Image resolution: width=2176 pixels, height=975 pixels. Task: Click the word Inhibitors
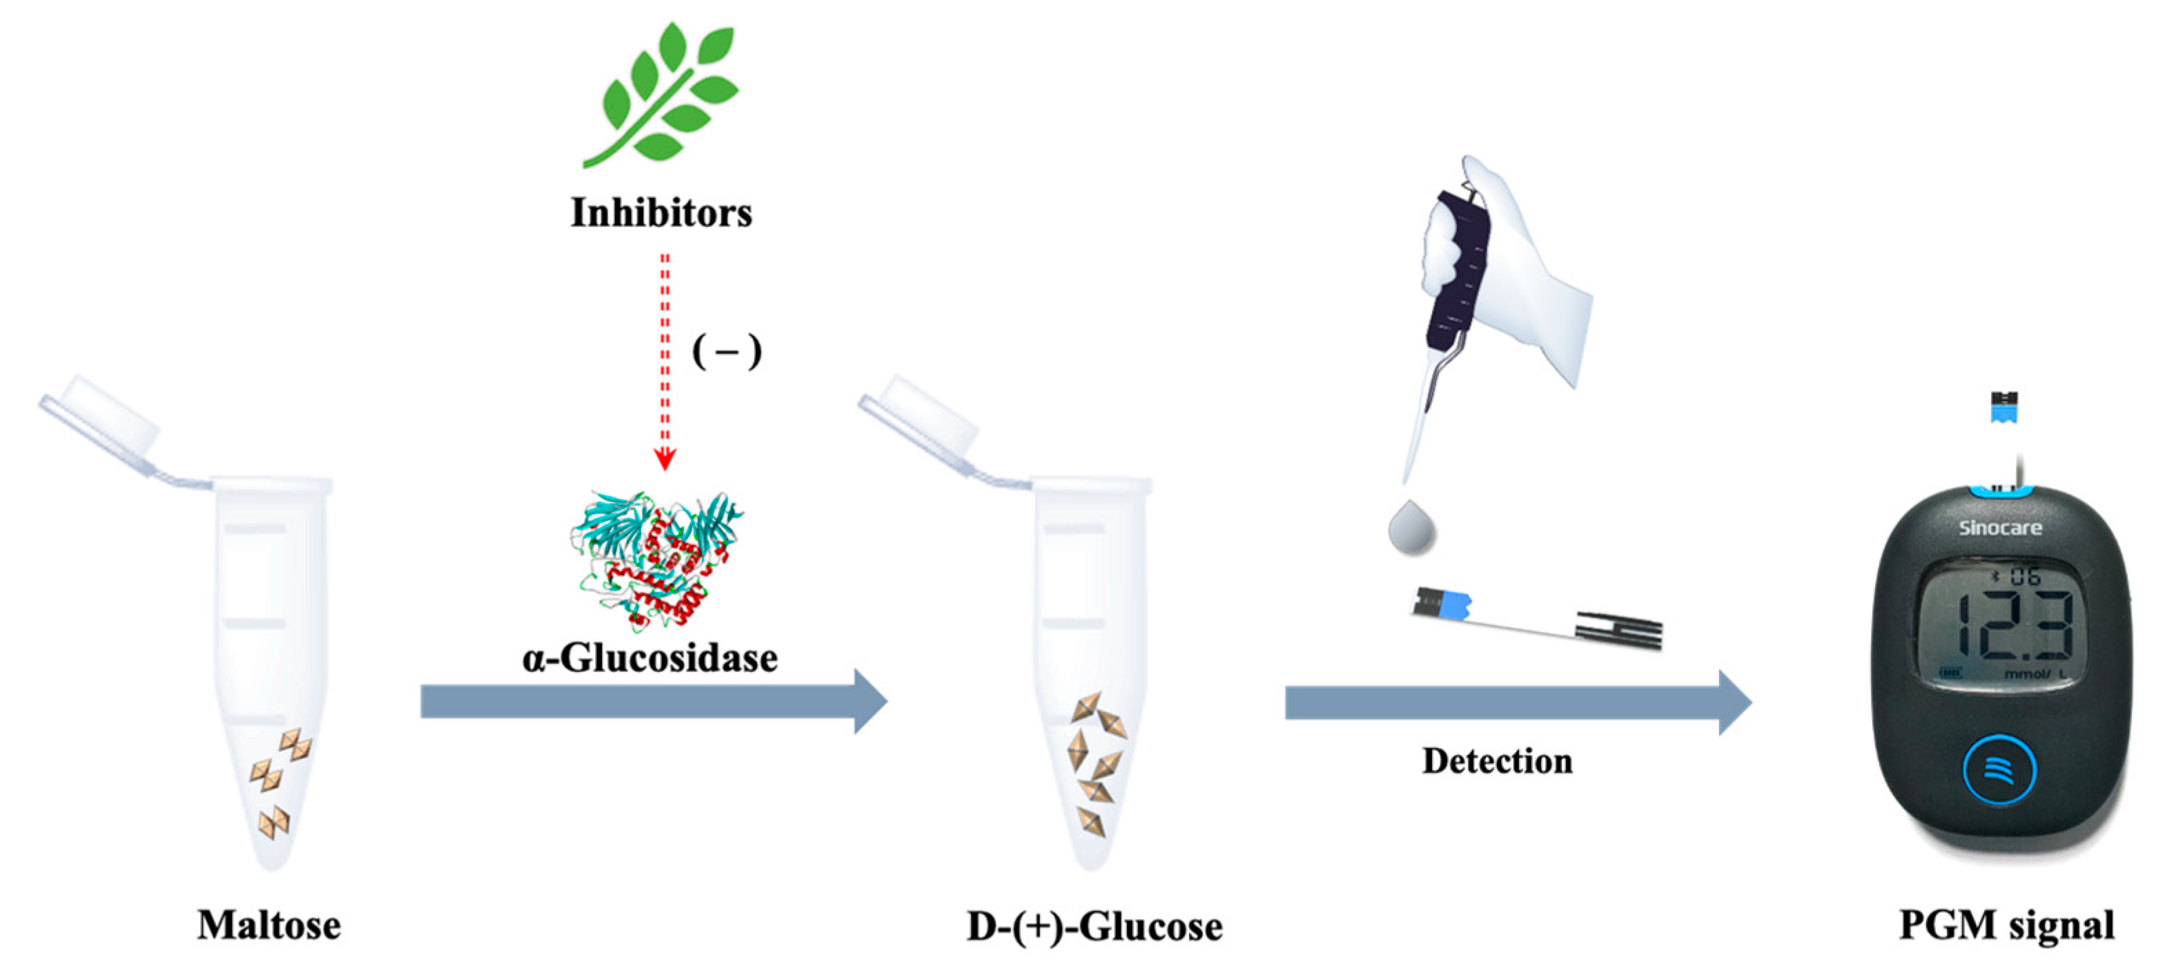[660, 212]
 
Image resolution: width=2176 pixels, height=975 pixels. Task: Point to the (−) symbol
[727, 351]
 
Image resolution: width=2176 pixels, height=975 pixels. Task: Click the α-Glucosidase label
[649, 658]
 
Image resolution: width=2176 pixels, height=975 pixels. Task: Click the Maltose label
[268, 925]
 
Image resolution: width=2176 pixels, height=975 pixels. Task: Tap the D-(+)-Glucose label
[1094, 927]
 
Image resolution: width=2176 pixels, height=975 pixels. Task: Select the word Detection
[1497, 761]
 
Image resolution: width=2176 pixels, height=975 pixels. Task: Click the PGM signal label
[2006, 925]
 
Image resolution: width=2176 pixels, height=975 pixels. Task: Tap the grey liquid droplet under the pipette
[1411, 529]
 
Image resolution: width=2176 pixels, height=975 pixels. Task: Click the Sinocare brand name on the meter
[2000, 528]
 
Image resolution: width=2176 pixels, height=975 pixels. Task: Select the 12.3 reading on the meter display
[2015, 625]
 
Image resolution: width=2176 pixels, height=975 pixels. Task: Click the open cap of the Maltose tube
[101, 422]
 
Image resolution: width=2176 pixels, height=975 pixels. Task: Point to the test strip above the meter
[2003, 407]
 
